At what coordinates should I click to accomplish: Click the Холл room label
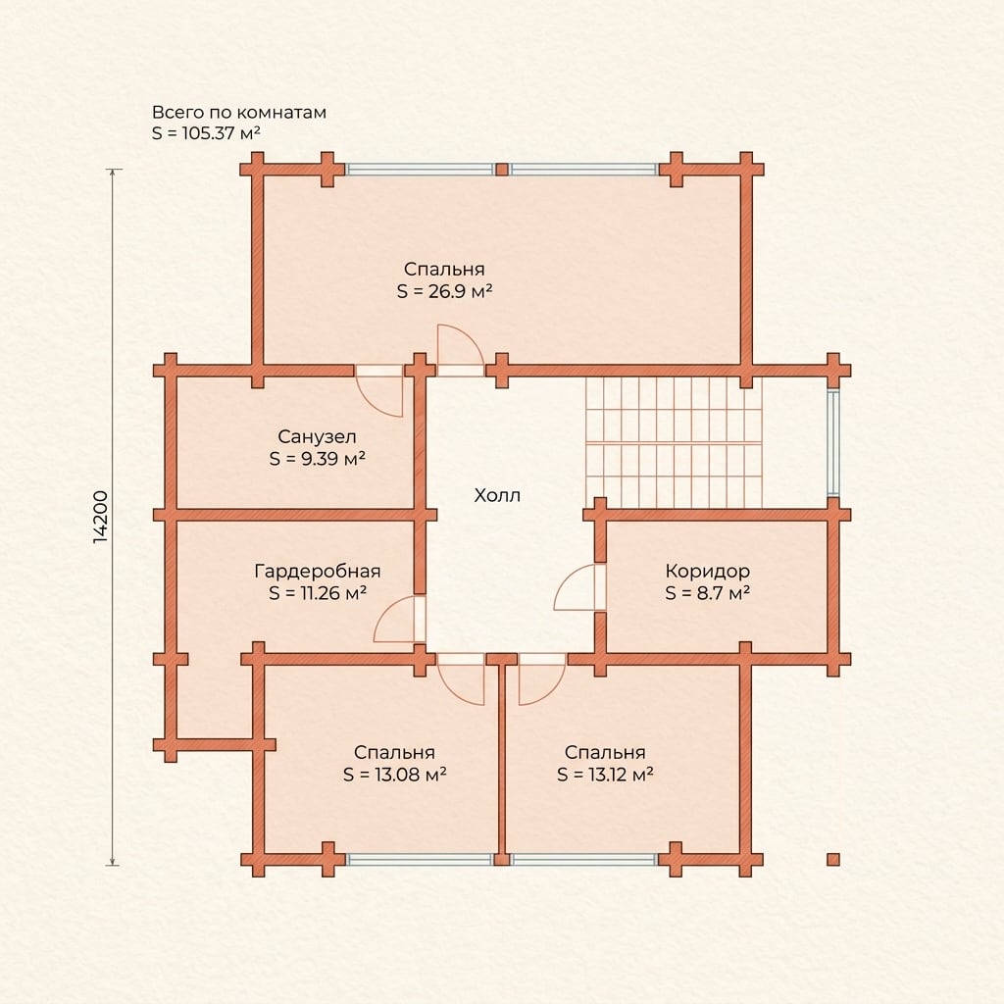(497, 495)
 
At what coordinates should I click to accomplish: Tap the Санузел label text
(317, 436)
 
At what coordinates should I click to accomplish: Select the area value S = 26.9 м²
(444, 291)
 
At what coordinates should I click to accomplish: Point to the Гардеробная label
(318, 571)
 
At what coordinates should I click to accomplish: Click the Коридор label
(708, 571)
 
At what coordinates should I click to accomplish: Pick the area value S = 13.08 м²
(394, 775)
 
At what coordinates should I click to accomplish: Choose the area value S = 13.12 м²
(605, 775)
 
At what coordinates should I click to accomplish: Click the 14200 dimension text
(101, 518)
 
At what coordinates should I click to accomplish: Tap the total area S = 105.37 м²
(206, 133)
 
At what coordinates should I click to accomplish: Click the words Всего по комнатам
(239, 112)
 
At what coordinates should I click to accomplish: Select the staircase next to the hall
(674, 442)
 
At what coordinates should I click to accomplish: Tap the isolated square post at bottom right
(833, 859)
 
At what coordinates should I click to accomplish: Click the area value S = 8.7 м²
(708, 593)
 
